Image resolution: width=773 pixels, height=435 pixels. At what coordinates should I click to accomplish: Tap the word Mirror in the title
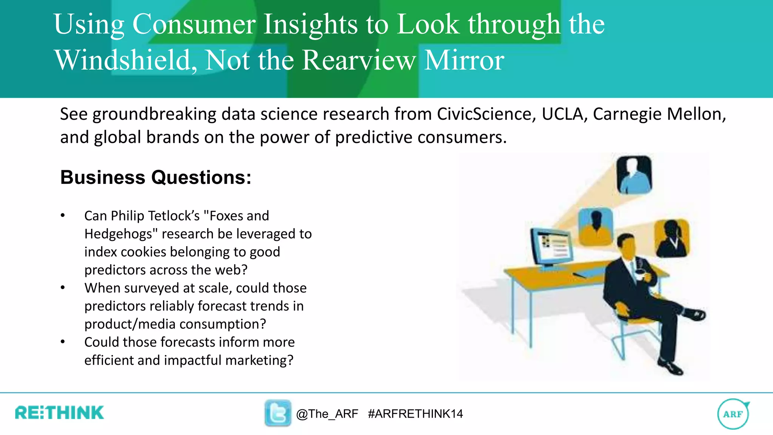click(464, 60)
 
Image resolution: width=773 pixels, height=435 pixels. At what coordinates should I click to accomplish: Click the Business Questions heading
click(156, 177)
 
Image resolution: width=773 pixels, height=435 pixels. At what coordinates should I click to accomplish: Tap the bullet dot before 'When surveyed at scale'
click(63, 288)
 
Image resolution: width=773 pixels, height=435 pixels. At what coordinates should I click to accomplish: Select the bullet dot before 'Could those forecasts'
click(63, 342)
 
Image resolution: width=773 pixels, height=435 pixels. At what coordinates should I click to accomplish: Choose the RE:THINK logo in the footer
click(59, 413)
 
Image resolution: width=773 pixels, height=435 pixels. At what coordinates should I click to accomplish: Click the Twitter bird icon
click(278, 413)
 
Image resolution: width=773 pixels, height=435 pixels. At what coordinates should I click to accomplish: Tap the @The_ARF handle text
click(327, 414)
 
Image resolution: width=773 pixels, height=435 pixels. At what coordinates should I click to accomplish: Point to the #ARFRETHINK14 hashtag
click(415, 414)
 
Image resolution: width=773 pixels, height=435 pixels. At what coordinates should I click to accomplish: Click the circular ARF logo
click(733, 414)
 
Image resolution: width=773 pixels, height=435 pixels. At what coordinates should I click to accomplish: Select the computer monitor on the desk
click(551, 248)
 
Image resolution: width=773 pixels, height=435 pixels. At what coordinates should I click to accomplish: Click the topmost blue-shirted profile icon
click(634, 175)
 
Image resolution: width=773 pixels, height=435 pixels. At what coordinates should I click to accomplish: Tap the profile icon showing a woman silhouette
click(672, 238)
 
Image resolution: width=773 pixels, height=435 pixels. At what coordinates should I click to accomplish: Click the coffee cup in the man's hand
click(639, 273)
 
